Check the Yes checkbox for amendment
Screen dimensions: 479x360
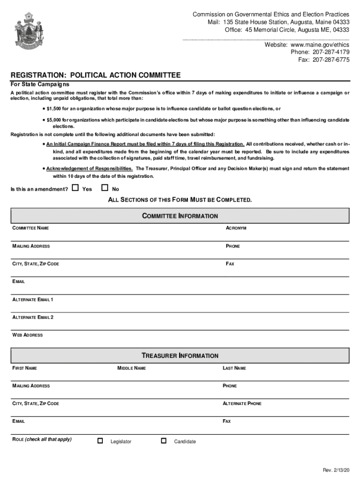[x=75, y=188]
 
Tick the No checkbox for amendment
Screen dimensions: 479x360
[x=105, y=188]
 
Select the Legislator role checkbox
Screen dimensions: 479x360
[x=100, y=441]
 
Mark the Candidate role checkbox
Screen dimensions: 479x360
[x=164, y=441]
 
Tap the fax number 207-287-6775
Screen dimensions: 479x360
[x=331, y=60]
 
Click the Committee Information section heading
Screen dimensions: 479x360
[x=180, y=216]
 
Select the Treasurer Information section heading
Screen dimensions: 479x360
[x=180, y=356]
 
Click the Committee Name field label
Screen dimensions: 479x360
[x=30, y=228]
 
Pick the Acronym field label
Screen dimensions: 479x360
[x=236, y=228]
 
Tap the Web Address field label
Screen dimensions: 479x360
[x=28, y=335]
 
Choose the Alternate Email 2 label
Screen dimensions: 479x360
[x=33, y=317]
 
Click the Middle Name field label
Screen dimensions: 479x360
[x=131, y=368]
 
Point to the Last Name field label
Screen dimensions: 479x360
[x=234, y=368]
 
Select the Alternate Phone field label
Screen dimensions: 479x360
[x=242, y=403]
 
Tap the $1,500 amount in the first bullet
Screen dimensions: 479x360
[x=54, y=109]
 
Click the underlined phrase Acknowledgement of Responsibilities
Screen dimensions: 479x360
[x=89, y=168]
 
